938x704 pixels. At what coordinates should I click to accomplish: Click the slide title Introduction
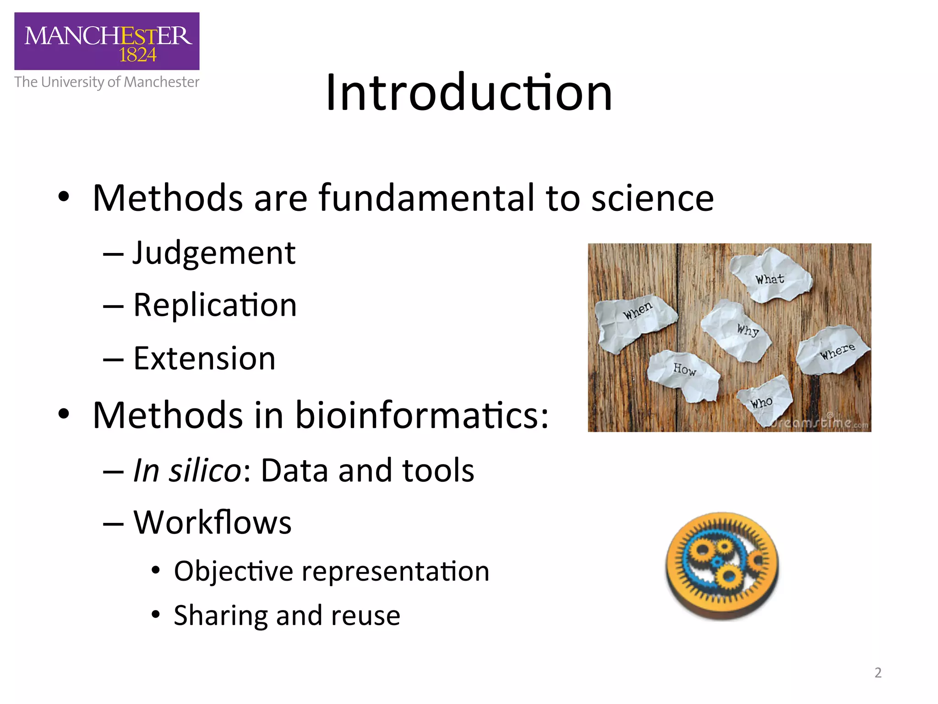[469, 93]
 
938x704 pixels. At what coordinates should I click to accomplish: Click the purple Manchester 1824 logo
[107, 41]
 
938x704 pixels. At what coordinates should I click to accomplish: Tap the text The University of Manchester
[107, 82]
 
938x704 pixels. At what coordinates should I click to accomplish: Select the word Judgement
[214, 253]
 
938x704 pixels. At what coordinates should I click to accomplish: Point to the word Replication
[215, 305]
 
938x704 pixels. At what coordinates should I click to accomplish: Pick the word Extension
[204, 358]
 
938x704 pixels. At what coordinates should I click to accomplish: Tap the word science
[652, 198]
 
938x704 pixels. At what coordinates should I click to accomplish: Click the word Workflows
[213, 522]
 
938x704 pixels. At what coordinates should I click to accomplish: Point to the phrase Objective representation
[332, 572]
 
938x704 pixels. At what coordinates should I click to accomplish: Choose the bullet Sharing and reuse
[287, 616]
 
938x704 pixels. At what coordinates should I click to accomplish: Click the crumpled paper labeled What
[770, 276]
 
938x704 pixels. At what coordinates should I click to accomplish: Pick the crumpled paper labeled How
[683, 374]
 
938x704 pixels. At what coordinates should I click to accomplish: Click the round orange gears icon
[722, 566]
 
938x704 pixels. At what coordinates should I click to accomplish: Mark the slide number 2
[878, 672]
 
